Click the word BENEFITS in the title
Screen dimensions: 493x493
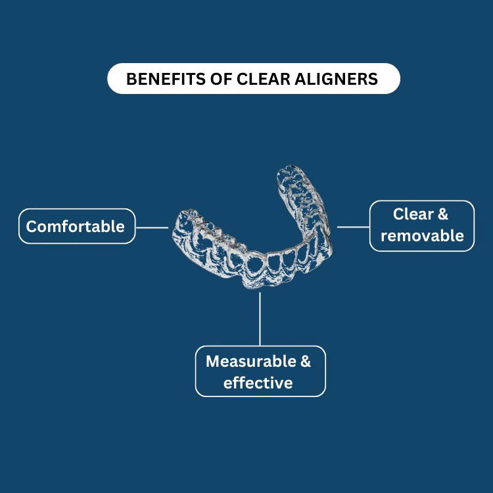click(x=166, y=79)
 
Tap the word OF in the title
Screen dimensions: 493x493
click(x=222, y=79)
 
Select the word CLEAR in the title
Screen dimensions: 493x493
click(x=264, y=79)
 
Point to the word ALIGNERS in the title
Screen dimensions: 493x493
click(x=336, y=79)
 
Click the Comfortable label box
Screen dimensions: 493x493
click(x=77, y=226)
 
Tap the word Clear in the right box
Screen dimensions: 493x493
click(x=413, y=214)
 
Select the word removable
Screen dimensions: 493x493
click(x=422, y=236)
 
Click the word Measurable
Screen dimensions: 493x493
click(x=251, y=362)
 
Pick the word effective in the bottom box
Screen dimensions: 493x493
click(x=258, y=383)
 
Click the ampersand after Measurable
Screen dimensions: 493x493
click(x=306, y=362)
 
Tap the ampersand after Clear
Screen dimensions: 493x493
click(x=442, y=214)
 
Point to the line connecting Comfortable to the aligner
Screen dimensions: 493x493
click(x=153, y=227)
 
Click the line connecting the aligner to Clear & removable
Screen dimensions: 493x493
click(x=353, y=227)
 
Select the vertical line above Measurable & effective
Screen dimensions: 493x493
click(x=260, y=319)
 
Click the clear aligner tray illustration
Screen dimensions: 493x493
click(x=252, y=227)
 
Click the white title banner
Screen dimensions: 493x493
click(x=254, y=79)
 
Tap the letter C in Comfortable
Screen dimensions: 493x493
click(x=32, y=226)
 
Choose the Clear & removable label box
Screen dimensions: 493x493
click(x=422, y=225)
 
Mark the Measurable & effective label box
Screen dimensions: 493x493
click(x=260, y=371)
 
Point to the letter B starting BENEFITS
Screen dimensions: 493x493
click(x=131, y=79)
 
